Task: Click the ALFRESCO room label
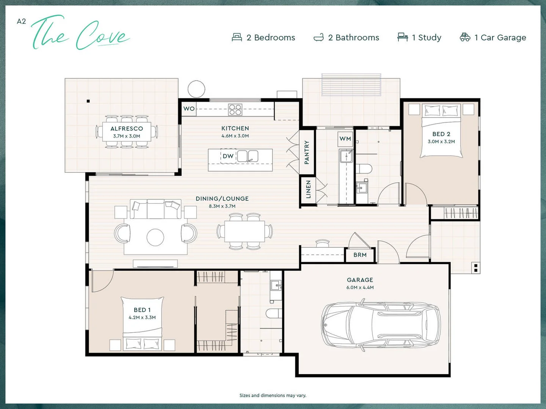coord(127,129)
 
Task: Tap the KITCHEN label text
coord(235,128)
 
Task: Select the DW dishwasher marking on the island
coord(228,156)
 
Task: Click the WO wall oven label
coord(189,109)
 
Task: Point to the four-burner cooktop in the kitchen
coord(235,109)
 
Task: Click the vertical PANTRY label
coord(307,152)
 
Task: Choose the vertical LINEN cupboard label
coord(308,189)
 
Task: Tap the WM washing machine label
coord(345,139)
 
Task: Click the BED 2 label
coord(441,134)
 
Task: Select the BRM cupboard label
coord(360,255)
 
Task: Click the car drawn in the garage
coord(381,325)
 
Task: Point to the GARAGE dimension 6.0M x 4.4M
coord(360,287)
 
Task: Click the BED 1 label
coord(142,310)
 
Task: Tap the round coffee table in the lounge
coord(155,237)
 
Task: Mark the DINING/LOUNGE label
coord(222,198)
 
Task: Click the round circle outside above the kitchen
coord(196,89)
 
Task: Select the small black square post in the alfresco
coord(88,101)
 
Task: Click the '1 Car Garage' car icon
coord(465,37)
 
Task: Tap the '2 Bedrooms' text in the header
coord(271,37)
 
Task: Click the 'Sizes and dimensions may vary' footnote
coord(273,395)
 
